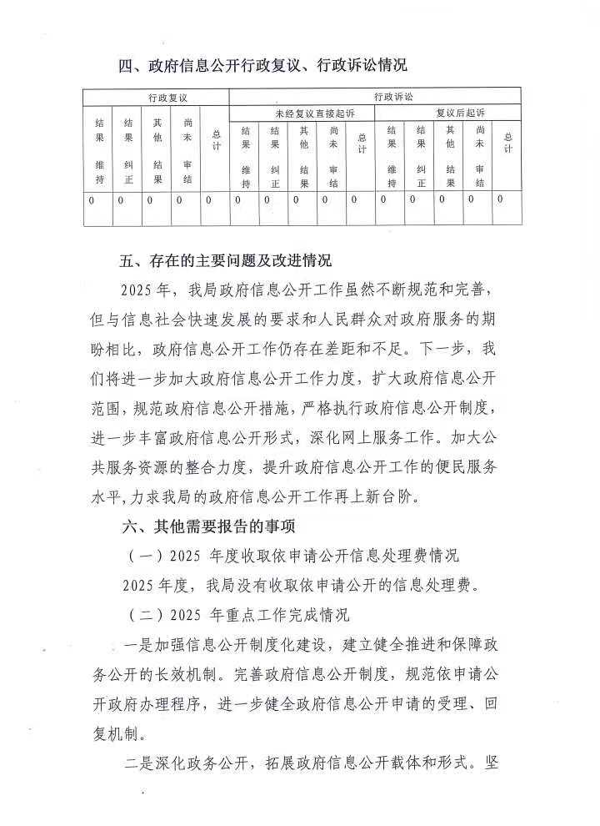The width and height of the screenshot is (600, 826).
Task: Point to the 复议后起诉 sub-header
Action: click(449, 112)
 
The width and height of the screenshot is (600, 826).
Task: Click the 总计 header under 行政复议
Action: click(216, 139)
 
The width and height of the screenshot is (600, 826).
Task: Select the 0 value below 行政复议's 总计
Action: click(209, 200)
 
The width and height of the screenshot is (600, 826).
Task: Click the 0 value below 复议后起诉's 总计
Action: click(500, 199)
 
